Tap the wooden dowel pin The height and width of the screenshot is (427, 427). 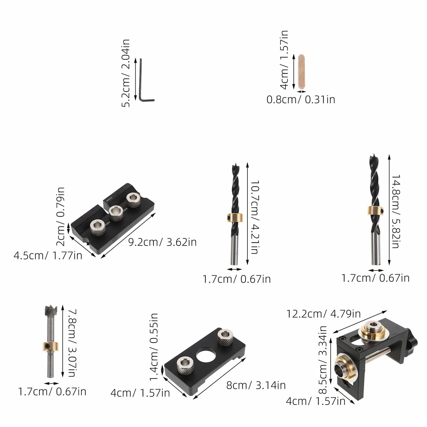[x=301, y=72]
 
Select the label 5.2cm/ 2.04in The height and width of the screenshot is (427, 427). [x=125, y=73]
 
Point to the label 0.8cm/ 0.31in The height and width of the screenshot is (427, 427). [x=301, y=99]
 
